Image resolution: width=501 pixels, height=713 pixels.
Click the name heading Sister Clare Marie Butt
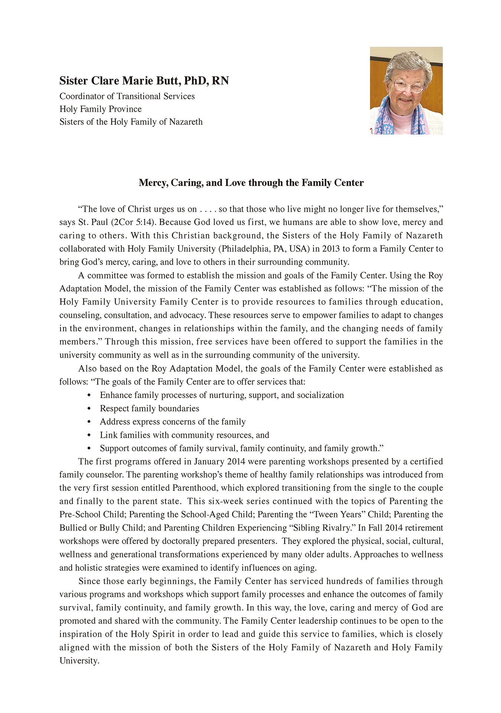pos(144,81)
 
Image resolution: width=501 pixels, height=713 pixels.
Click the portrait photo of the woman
pos(406,90)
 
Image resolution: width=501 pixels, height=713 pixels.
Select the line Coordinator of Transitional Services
pos(127,96)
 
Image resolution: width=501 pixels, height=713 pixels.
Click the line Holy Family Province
pos(101,109)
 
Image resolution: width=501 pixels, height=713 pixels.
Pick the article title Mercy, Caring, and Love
pos(251,183)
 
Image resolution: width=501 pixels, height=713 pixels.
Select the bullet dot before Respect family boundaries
pos(89,409)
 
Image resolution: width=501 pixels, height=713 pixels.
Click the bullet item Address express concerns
pos(173,422)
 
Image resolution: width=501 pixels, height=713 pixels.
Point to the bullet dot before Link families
pos(89,435)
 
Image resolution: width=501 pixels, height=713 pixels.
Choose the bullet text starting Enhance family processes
pos(222,395)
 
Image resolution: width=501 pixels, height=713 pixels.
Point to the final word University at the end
pos(79,661)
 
